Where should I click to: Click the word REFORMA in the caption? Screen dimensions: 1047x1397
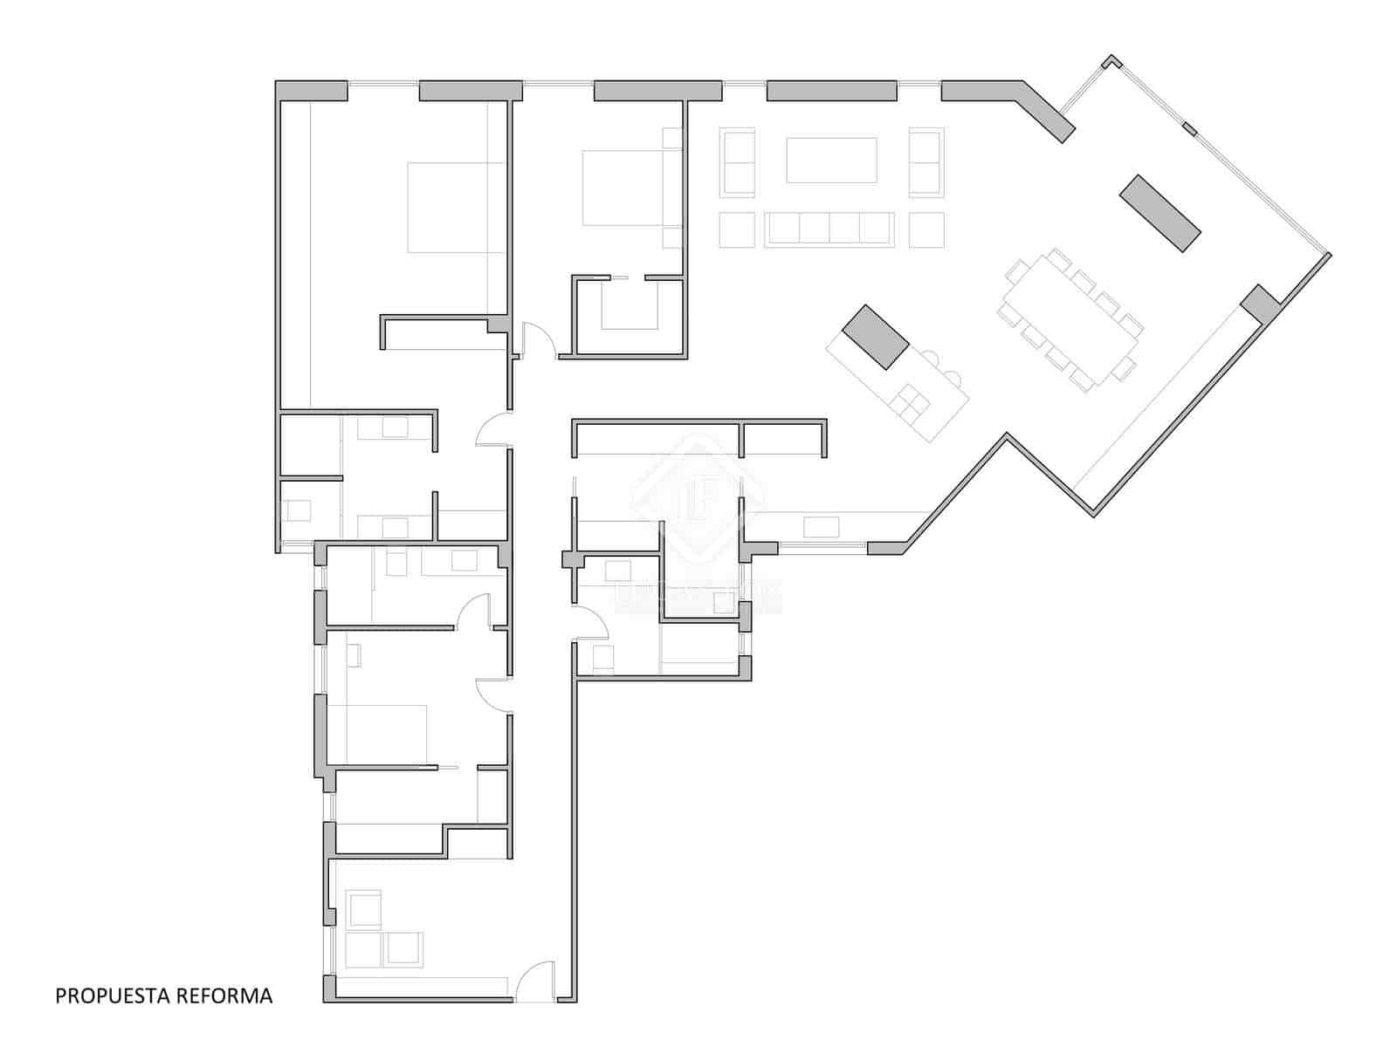coord(225,995)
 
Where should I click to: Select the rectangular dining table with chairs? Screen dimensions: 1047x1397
coord(1072,318)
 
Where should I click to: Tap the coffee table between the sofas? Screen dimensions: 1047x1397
coord(831,160)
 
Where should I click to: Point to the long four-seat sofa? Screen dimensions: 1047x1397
coord(829,229)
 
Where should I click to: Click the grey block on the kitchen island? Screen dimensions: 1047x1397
coord(876,337)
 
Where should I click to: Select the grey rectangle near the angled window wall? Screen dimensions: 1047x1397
coord(1160,213)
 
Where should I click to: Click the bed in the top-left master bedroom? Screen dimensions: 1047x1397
coord(456,208)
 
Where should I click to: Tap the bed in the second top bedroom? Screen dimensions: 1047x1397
coord(622,188)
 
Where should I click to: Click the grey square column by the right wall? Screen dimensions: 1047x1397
coord(1259,304)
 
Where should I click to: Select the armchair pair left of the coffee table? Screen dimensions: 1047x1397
coord(738,162)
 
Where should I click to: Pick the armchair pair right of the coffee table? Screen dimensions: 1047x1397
coord(926,162)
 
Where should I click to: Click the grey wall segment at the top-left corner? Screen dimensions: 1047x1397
coord(312,91)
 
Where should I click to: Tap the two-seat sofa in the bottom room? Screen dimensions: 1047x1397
coord(385,949)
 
